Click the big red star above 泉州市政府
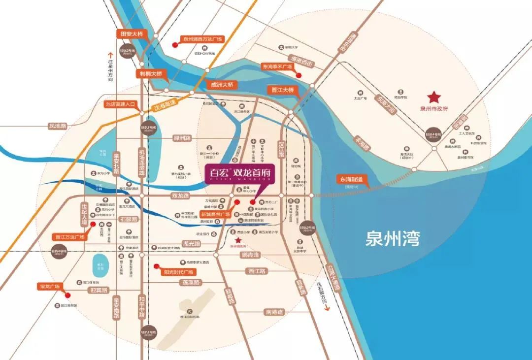[x=434, y=97]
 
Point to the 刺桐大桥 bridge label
[x=151, y=73]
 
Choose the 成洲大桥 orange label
[x=222, y=85]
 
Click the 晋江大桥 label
[x=283, y=90]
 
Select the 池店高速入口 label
[x=120, y=104]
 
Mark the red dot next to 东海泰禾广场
[x=299, y=75]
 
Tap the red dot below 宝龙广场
[x=68, y=295]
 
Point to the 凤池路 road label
[x=58, y=126]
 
